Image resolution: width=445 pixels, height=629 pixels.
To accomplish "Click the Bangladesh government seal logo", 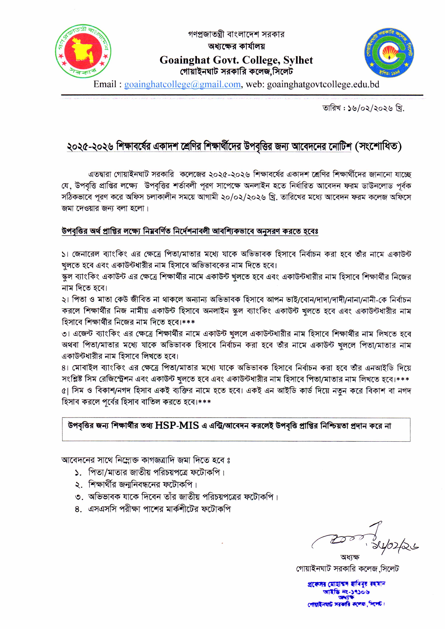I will (x=83, y=51).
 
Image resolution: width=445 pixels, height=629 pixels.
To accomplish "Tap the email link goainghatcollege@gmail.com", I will (x=182, y=85).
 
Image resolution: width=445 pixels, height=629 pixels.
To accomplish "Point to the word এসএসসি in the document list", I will (x=102, y=509).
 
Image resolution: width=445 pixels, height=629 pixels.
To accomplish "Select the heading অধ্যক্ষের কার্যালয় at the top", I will (x=236, y=46).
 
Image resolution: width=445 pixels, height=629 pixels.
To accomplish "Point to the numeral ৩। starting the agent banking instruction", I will (x=65, y=334).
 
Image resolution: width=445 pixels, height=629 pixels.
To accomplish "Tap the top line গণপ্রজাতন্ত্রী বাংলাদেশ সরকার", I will (x=236, y=34).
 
